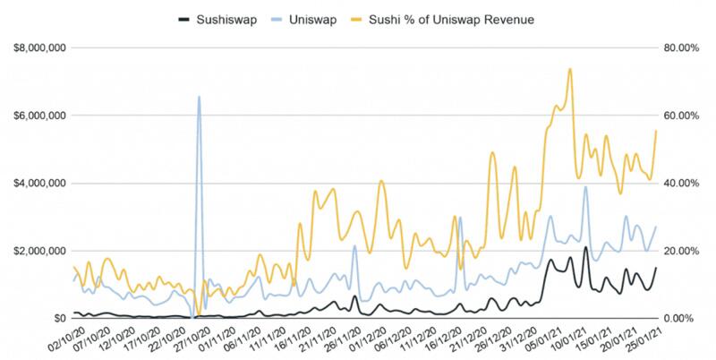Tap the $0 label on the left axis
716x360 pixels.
pos(58,318)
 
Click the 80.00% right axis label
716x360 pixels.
pos(679,48)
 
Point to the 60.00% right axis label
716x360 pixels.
pos(679,116)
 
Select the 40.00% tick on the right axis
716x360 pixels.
pos(679,184)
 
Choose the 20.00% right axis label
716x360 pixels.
pos(679,251)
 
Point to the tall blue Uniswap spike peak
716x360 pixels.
pos(199,97)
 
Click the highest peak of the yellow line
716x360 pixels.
pos(570,69)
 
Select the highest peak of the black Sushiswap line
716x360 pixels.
pos(585,248)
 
